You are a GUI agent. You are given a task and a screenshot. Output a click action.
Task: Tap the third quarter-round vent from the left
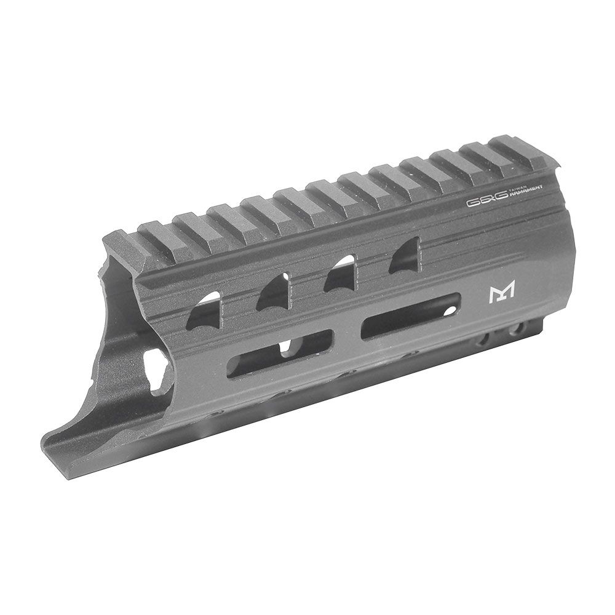pos(340,272)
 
